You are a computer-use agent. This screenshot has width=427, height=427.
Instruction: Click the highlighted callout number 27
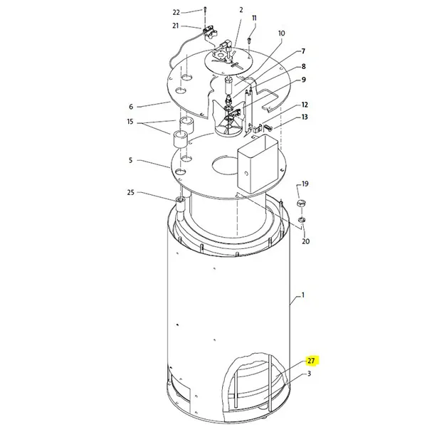coord(311,361)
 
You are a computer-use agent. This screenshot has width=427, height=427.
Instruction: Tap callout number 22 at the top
coord(176,13)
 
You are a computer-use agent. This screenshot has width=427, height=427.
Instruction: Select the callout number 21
coord(176,26)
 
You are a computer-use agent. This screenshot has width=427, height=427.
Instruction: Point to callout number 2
coord(241,10)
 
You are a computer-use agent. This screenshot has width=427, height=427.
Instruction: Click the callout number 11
coord(254,18)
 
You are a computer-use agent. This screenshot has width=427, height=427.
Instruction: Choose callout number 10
coord(282,33)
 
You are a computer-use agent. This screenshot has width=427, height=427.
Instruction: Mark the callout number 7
coord(303,51)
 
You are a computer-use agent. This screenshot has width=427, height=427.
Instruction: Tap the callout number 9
coord(303,80)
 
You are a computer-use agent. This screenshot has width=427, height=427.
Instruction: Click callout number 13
coord(305,117)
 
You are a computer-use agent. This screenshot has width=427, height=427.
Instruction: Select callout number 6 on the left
coord(131,107)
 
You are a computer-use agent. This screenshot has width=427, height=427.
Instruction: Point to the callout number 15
coord(130,122)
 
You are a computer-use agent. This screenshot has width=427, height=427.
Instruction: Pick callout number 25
coord(131,193)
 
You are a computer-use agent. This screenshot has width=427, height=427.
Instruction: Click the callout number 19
coord(305,184)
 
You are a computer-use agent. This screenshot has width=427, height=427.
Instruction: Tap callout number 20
coord(306,241)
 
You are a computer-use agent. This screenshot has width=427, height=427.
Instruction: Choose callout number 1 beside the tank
coord(303,295)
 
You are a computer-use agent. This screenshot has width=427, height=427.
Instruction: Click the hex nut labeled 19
coord(300,203)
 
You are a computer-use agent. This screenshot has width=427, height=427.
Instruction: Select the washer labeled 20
coord(302,219)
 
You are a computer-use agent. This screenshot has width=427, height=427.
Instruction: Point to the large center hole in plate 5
coord(225,165)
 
